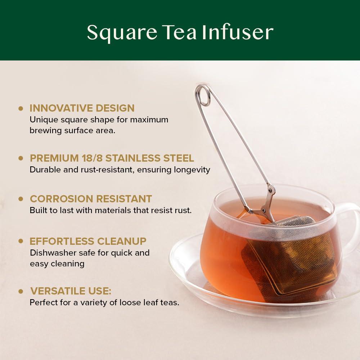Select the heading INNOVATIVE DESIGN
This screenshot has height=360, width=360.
[x=82, y=108]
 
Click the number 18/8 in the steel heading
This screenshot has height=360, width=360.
[x=90, y=158]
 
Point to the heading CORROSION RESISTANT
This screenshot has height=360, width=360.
[x=91, y=199]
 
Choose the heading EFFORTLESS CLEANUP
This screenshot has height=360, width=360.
[x=88, y=241]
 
